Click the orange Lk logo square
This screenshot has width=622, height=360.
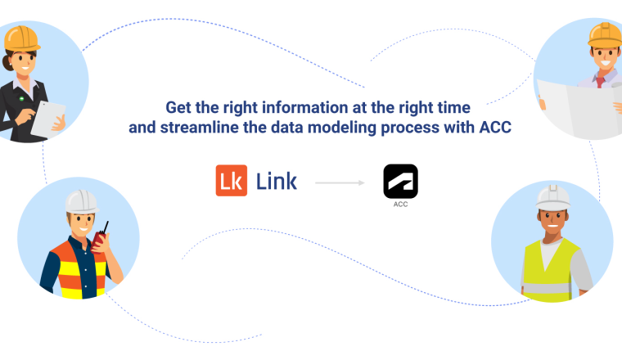[232, 181]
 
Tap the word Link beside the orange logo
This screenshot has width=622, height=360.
[277, 181]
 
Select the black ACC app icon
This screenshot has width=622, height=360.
[400, 180]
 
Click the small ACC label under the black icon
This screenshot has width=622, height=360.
[400, 204]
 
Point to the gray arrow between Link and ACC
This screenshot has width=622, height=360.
[340, 182]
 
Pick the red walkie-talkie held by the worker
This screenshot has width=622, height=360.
[100, 237]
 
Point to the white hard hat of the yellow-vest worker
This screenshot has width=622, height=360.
[553, 196]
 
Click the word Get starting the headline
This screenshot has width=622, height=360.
[178, 107]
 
